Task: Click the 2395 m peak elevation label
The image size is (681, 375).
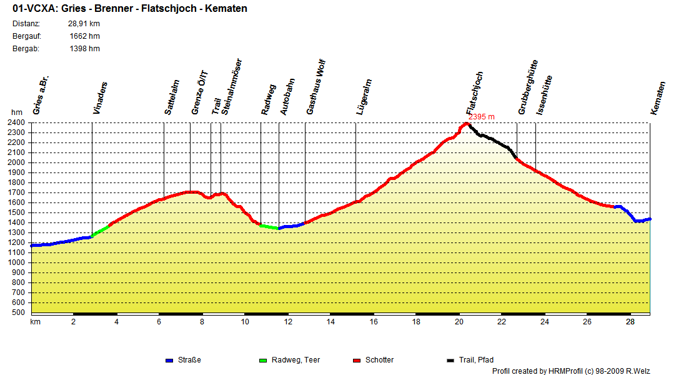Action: pos(481,117)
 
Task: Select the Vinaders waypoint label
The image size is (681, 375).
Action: pos(100,98)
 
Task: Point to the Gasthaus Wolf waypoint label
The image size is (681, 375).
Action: pos(316,87)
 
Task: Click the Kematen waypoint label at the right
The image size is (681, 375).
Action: pos(658,98)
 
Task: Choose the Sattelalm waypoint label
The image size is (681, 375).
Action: pos(172,97)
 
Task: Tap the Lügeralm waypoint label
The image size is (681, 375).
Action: pos(364,97)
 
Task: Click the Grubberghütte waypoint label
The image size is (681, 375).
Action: pos(528,87)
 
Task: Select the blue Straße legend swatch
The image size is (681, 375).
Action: pos(169,361)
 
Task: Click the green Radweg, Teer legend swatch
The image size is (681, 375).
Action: pos(262,361)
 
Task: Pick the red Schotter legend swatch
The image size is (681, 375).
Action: pos(357,361)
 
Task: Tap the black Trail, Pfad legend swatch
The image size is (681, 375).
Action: pos(451,361)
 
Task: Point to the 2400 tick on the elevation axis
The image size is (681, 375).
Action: pos(16,122)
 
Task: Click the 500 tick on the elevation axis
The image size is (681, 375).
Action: pos(18,312)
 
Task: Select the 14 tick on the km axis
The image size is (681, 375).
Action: pos(331,322)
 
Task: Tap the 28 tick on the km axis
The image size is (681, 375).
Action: pos(630,322)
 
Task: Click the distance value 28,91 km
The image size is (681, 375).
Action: pos(84,24)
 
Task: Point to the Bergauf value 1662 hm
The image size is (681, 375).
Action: pos(85,36)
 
